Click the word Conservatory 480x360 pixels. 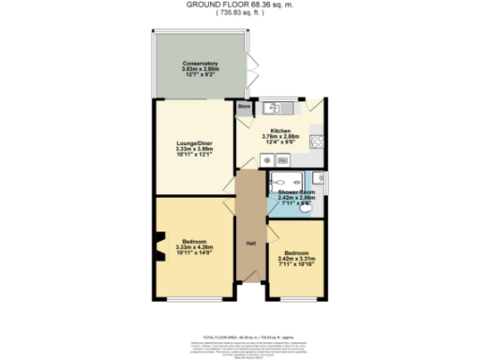click(200, 63)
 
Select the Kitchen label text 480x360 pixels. click(281, 130)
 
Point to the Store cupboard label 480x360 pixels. click(244, 107)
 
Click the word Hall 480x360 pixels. click(251, 244)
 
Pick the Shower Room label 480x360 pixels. click(295, 192)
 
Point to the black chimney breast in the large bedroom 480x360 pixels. click(159, 248)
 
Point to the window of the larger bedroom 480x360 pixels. click(195, 300)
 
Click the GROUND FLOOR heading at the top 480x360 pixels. click(238, 5)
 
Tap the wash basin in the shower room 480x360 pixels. click(320, 177)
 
